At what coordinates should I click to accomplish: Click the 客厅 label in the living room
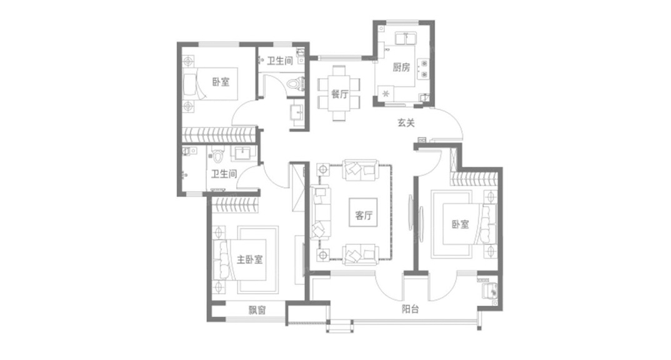(364, 216)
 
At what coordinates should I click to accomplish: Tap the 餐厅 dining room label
(339, 94)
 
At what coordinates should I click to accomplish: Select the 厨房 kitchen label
(401, 68)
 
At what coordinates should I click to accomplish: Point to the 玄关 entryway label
(406, 123)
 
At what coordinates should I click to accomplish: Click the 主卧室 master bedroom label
(249, 259)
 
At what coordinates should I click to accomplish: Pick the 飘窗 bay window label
(257, 310)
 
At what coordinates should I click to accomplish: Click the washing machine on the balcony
(488, 289)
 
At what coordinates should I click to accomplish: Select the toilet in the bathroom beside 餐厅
(296, 83)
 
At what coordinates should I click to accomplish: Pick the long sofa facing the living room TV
(321, 212)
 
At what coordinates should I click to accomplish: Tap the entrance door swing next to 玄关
(450, 125)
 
